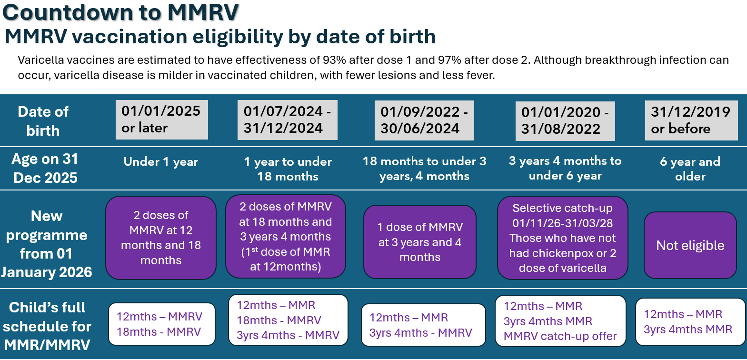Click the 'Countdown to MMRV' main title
120,12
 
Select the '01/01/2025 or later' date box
161,120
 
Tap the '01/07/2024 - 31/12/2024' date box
287,120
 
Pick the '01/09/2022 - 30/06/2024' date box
424,120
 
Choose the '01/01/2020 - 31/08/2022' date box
565,121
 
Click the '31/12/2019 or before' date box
691,120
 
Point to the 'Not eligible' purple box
690,245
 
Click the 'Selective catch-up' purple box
562,238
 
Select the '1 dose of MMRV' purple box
419,242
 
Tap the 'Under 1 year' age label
161,162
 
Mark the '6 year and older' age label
690,169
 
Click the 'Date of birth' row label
43,121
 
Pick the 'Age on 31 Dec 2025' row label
45,168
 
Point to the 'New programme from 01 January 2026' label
46,244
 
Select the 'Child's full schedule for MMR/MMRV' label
47,326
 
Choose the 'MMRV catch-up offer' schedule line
560,336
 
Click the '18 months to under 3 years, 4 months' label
424,169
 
